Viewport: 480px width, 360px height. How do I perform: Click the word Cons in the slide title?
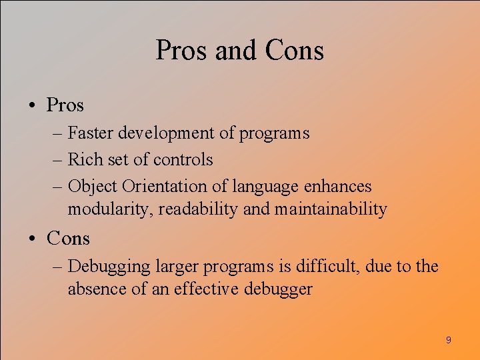pos(294,51)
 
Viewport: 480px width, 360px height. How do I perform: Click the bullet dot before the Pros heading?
pos(31,105)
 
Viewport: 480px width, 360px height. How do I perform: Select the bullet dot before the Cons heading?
pos(31,238)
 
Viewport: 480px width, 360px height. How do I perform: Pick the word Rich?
pos(83,160)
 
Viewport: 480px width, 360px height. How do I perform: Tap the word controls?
pos(183,160)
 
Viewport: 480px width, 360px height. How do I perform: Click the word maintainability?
pos(331,209)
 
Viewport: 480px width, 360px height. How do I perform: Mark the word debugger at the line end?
pos(278,290)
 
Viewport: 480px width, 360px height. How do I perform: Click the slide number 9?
pos(448,341)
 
